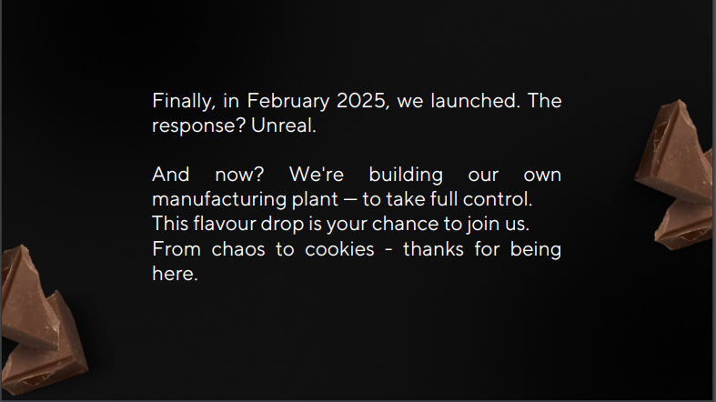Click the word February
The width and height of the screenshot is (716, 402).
pyautogui.click(x=287, y=101)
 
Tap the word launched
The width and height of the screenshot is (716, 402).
pyautogui.click(x=475, y=101)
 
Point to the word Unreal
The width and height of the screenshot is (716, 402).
pyautogui.click(x=284, y=126)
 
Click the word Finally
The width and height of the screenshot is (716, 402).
pyautogui.click(x=184, y=101)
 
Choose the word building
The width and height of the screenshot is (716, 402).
pyautogui.click(x=406, y=176)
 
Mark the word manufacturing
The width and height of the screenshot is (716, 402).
pyautogui.click(x=219, y=200)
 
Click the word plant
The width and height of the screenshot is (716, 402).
pyautogui.click(x=315, y=200)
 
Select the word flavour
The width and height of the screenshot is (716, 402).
pyautogui.click(x=225, y=224)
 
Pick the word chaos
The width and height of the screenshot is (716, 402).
pyautogui.click(x=238, y=249)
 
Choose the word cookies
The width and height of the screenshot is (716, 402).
pyautogui.click(x=339, y=249)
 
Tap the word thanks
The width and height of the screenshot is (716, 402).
pyautogui.click(x=433, y=249)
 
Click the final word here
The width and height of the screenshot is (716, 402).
pyautogui.click(x=175, y=274)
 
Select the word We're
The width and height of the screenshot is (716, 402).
pyautogui.click(x=316, y=175)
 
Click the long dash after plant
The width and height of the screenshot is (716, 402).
pyautogui.click(x=349, y=200)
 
